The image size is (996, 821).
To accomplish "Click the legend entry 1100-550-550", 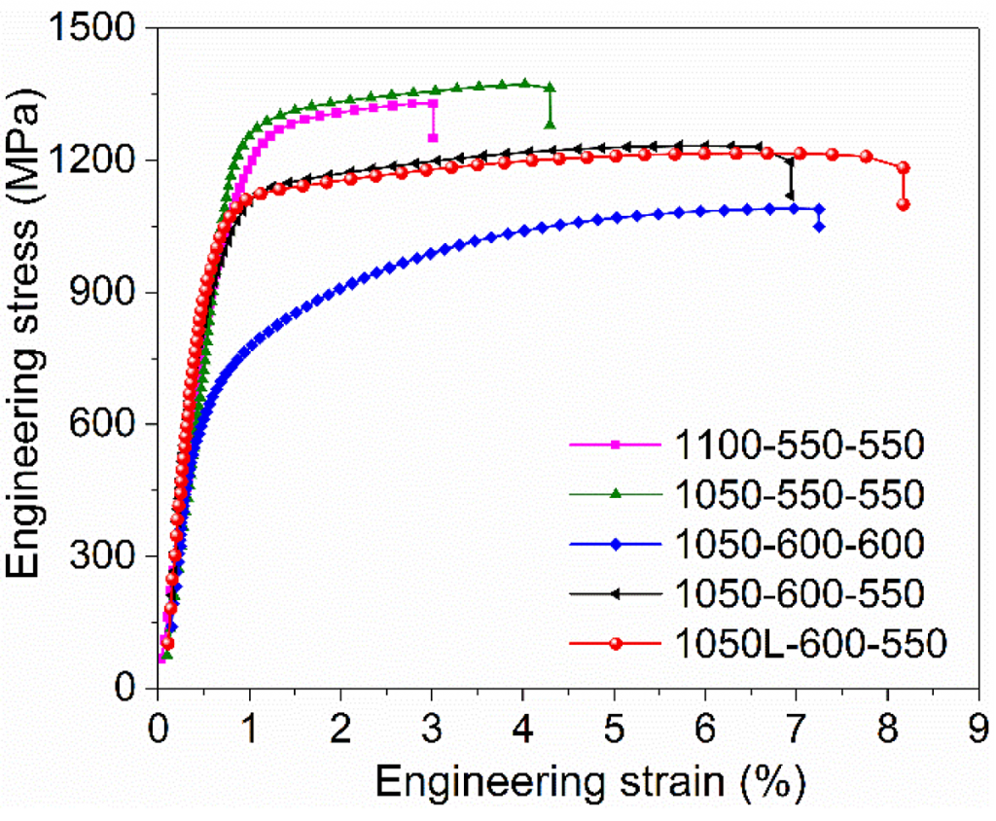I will pos(798,446).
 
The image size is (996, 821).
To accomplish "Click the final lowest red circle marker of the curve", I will pos(903,204).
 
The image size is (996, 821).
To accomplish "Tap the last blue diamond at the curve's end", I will pos(819,227).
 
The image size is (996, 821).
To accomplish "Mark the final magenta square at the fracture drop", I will pos(433,137).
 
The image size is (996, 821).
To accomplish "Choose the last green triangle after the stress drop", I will pos(551,125).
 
